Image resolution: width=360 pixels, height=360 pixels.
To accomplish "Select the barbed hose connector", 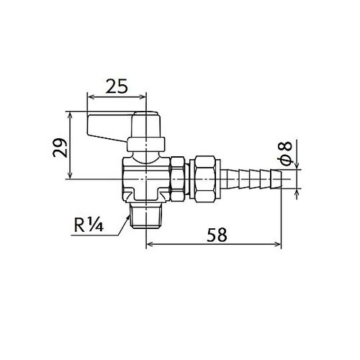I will [x=252, y=176].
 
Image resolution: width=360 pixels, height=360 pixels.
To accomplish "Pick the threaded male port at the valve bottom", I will [x=147, y=215].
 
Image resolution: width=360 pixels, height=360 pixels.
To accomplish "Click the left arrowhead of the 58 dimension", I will [x=150, y=244].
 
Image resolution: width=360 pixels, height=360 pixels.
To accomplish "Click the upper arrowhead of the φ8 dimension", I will [x=295, y=165].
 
